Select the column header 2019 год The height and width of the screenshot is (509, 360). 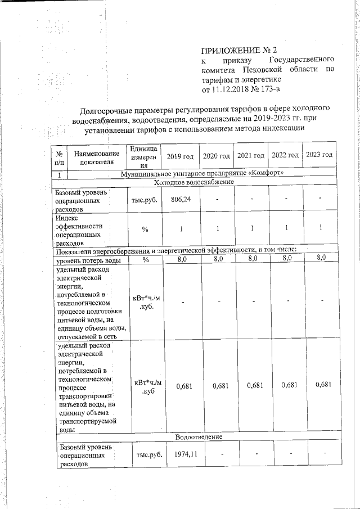point(181,155)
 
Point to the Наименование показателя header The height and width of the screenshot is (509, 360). point(97,158)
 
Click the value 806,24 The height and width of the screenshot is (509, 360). point(181,199)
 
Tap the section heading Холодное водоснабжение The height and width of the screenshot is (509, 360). point(194,182)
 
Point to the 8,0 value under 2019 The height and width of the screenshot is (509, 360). point(182,259)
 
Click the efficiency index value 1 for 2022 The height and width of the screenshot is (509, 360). point(287,227)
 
